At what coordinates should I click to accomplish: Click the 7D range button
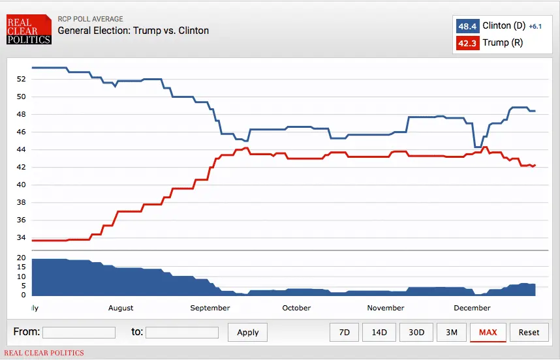pyautogui.click(x=344, y=332)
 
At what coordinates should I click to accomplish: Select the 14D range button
pyautogui.click(x=379, y=332)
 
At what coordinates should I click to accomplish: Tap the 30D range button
pyautogui.click(x=416, y=332)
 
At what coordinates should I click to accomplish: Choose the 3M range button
pyautogui.click(x=451, y=332)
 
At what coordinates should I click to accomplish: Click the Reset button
pyautogui.click(x=529, y=332)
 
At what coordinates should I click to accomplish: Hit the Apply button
pyautogui.click(x=248, y=332)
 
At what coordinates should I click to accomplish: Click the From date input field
pyautogui.click(x=79, y=333)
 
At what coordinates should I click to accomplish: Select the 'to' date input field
pyautogui.click(x=182, y=333)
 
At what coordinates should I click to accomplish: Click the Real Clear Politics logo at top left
pyautogui.click(x=28, y=31)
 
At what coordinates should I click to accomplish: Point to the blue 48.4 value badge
pyautogui.click(x=467, y=26)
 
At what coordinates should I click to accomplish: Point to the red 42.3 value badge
pyautogui.click(x=467, y=43)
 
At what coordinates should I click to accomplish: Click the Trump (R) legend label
pyautogui.click(x=503, y=43)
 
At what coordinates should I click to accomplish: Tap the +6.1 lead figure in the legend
pyautogui.click(x=535, y=27)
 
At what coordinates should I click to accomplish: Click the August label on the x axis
pyautogui.click(x=121, y=308)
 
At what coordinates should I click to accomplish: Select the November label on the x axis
pyautogui.click(x=386, y=308)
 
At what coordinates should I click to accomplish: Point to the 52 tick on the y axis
pyautogui.click(x=21, y=79)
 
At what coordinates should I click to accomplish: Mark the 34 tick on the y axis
pyautogui.click(x=21, y=220)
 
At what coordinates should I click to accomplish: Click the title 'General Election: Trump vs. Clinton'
pyautogui.click(x=133, y=31)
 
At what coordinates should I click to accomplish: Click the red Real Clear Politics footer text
pyautogui.click(x=44, y=353)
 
